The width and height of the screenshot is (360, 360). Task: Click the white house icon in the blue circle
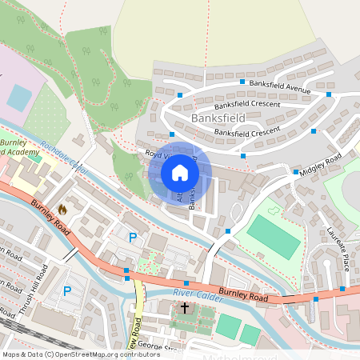coord(180,172)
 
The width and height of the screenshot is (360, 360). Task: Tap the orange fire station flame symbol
coord(63,210)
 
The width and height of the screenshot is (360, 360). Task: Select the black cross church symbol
coord(186,307)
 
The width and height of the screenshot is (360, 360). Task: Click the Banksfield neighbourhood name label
coord(217,118)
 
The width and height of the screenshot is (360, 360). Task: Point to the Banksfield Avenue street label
coord(279,86)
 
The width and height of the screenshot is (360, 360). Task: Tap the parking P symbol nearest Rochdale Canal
coord(133,237)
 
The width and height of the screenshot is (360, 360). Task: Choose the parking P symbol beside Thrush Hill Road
coord(67,291)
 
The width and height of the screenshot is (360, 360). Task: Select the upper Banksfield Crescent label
coord(247,104)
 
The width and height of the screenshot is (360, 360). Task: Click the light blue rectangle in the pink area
coord(19,98)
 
